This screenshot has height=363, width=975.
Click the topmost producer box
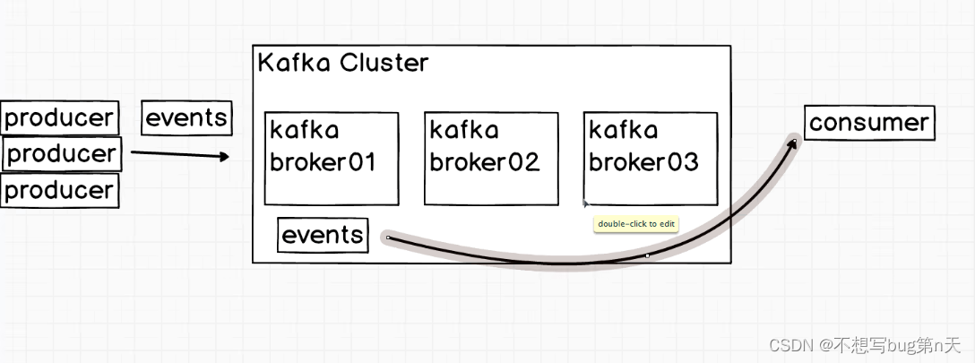60,117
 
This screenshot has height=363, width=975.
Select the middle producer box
62,153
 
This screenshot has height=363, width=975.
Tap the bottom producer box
60,190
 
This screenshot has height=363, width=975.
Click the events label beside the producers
186,117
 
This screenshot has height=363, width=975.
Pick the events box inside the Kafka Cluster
323,235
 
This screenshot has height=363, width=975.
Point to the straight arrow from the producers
175,154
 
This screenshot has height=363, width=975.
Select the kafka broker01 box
331,158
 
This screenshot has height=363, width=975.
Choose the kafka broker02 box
491,158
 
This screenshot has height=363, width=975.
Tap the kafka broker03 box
651,158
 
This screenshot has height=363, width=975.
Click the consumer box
869,123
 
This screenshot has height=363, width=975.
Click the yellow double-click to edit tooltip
636,223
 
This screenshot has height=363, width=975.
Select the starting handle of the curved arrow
388,238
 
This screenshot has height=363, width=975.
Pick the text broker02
485,162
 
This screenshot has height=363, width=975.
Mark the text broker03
643,162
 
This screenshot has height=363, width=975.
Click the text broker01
324,162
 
